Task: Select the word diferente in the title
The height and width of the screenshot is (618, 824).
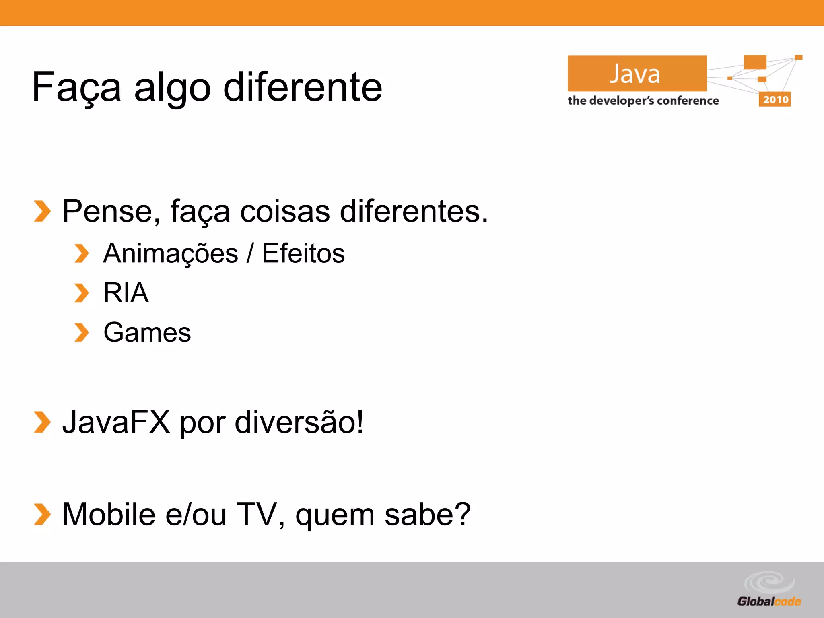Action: pos(303,87)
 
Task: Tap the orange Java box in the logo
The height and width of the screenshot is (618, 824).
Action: pos(637,73)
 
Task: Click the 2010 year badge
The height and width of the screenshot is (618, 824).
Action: pos(775,99)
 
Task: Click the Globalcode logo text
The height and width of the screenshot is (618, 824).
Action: pos(769,602)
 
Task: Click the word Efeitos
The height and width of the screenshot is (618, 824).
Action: pos(303,253)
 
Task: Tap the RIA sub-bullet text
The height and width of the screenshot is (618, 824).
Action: pos(126,293)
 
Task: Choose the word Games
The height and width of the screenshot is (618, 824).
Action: pos(147,333)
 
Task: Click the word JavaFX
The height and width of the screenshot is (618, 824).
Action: pos(116,422)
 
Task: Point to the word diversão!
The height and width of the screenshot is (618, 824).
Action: pos(299,422)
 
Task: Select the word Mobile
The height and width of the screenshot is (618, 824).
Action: pos(109,514)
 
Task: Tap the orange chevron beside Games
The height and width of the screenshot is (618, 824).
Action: pos(82,333)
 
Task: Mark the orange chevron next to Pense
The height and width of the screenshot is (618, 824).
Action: pos(42,211)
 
